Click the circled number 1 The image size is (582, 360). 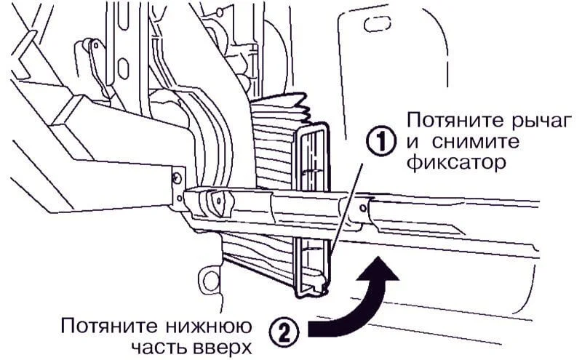tap(382, 141)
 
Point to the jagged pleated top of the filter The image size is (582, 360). tap(280, 103)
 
